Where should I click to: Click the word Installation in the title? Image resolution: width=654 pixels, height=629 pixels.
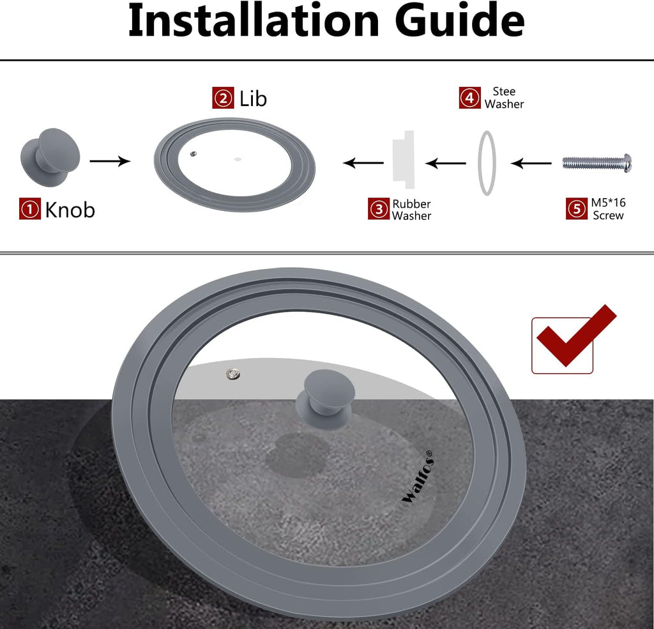pos(254,21)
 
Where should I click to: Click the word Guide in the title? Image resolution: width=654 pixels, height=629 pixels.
pos(460,21)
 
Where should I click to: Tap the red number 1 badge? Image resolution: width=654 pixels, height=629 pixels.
pos(30,208)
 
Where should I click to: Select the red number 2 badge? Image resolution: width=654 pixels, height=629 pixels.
pos(223,98)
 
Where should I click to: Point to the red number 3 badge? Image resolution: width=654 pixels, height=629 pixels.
pos(379,208)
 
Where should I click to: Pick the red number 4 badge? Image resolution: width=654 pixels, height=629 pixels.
pos(470,98)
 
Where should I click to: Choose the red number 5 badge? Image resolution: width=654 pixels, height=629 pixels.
pos(577,208)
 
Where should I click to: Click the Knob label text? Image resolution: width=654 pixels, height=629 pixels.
pos(70,210)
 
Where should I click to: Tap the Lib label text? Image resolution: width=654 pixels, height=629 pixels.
pos(253,98)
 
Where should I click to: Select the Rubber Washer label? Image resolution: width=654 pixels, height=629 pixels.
pos(411,210)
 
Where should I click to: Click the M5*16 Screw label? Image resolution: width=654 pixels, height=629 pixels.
pos(608,209)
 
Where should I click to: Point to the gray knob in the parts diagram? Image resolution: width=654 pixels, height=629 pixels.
pos(50,157)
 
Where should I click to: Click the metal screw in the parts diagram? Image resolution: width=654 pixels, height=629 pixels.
pos(597,163)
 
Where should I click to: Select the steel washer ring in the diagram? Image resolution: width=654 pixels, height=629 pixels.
pos(479,163)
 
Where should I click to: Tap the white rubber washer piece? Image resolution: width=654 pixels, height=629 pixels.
pos(404,159)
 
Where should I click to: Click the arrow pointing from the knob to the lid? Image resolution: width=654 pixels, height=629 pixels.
pos(110,161)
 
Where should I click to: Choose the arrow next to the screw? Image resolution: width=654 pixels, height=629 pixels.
pos(531,163)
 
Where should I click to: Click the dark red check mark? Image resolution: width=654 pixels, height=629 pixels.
pos(577,336)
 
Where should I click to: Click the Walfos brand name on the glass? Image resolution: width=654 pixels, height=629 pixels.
pos(418,477)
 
